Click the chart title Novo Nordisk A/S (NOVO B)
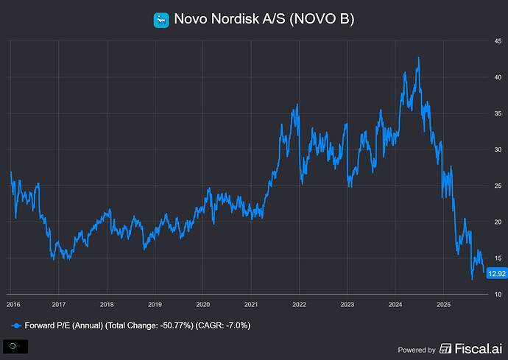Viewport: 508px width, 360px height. (x=263, y=19)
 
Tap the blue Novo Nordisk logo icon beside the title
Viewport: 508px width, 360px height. (x=161, y=20)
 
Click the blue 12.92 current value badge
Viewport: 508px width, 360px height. (x=495, y=273)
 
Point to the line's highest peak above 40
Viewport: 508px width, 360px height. (x=418, y=57)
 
